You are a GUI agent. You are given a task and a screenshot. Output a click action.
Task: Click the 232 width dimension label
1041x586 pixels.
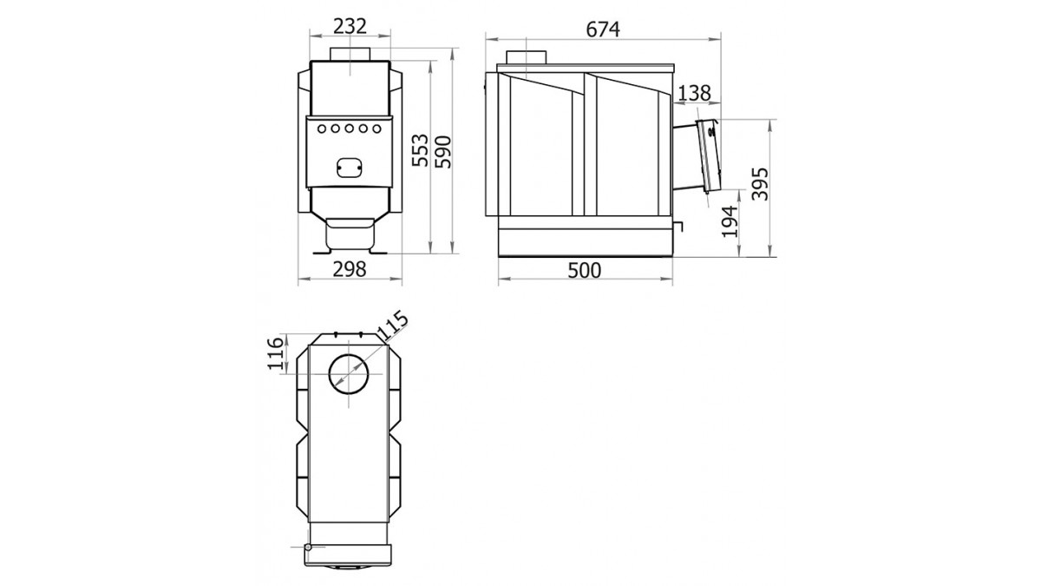click(x=350, y=27)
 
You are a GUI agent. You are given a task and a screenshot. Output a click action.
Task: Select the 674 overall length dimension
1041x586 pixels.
click(x=603, y=30)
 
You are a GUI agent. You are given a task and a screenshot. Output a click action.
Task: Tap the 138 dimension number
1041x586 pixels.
click(x=694, y=93)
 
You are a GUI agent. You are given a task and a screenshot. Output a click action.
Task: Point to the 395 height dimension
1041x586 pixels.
click(x=760, y=184)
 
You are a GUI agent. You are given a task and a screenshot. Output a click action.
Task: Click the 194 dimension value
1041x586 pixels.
click(x=730, y=221)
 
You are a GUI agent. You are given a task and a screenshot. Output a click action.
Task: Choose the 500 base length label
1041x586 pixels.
click(x=584, y=270)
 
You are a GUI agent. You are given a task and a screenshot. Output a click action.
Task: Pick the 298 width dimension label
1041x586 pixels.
click(x=350, y=269)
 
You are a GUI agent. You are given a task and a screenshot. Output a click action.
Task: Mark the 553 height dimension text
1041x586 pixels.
click(x=420, y=149)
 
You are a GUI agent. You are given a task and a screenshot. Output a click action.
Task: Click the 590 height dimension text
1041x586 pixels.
click(x=443, y=152)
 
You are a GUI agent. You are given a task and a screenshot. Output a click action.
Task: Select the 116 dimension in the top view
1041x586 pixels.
click(x=275, y=353)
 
